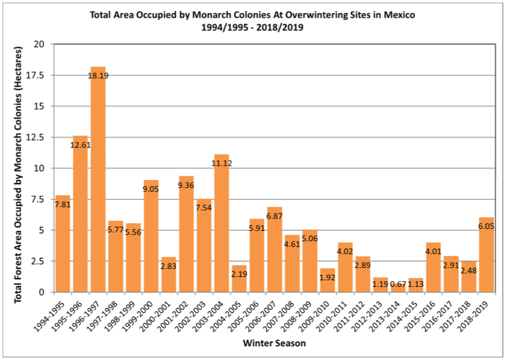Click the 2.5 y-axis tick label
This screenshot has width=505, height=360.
click(x=39, y=261)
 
